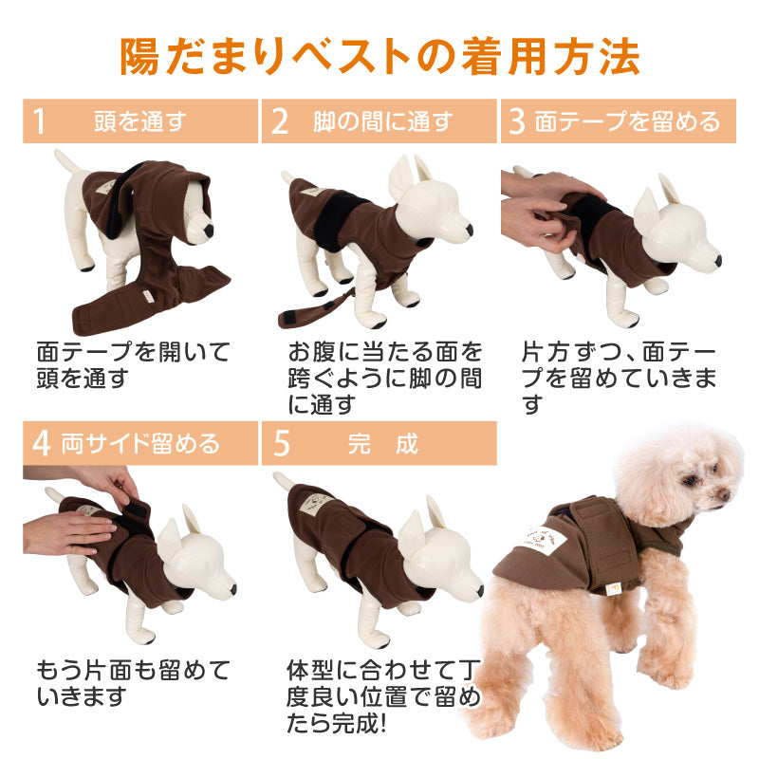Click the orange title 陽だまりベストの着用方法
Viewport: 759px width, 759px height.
379,57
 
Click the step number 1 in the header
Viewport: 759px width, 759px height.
40,121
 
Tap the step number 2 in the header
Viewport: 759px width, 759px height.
280,121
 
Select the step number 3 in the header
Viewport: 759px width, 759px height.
517,121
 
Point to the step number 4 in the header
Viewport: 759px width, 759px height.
42,443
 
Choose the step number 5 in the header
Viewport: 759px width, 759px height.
282,443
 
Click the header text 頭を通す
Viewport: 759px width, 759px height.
140,121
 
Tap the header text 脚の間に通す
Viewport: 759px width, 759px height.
383,121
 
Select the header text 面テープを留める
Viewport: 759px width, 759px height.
628,121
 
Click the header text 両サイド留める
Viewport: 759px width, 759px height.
140,443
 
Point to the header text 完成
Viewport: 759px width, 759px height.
383,443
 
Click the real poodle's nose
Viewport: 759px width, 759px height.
724,494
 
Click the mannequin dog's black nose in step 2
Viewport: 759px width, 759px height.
469,230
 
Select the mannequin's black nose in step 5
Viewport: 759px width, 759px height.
479,590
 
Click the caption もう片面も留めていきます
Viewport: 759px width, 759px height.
133,683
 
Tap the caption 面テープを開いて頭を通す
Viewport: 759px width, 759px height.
133,364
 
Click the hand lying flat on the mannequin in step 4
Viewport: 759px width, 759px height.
67,533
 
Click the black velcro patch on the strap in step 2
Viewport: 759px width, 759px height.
289,317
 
